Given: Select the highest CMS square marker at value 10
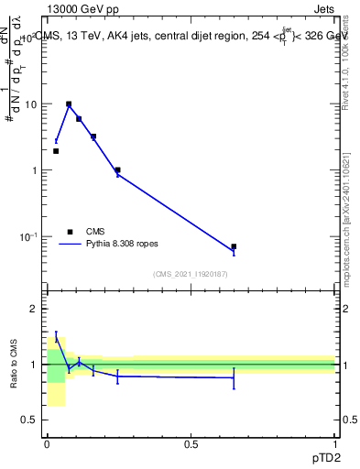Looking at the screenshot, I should pos(69,104).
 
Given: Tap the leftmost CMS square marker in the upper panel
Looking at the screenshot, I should pos(56,151).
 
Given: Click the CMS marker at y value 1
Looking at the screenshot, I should pos(117,169).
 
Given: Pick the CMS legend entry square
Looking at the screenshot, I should pos(70,232).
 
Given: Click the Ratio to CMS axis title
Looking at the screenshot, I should pos(14,365).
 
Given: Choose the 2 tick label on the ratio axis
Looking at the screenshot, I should pos(36,309).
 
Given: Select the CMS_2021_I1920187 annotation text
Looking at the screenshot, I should pos(191,274).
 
